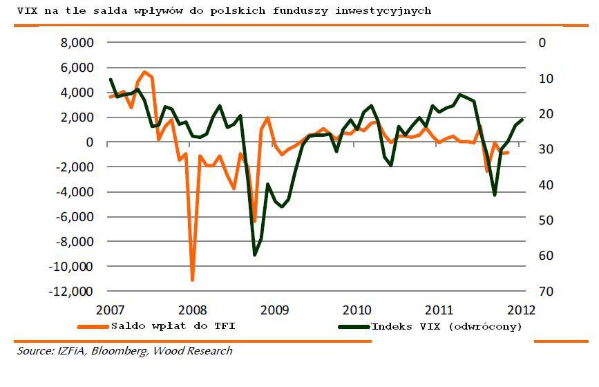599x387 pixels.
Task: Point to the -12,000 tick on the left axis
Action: pyautogui.click(x=71, y=292)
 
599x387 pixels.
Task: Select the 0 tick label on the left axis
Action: pyautogui.click(x=89, y=142)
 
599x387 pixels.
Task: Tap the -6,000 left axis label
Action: pyautogui.click(x=74, y=217)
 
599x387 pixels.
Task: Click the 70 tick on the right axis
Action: pyautogui.click(x=545, y=292)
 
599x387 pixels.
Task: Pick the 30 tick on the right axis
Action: pyautogui.click(x=545, y=149)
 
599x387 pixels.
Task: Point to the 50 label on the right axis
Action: pyautogui.click(x=545, y=220)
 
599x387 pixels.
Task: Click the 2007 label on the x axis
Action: pyautogui.click(x=111, y=309)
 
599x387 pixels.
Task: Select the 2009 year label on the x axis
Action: pyautogui.click(x=274, y=309)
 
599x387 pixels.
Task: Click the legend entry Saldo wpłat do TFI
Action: pyautogui.click(x=173, y=325)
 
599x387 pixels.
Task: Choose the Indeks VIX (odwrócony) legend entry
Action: pyautogui.click(x=446, y=325)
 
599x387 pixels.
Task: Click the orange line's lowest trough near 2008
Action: pyautogui.click(x=192, y=280)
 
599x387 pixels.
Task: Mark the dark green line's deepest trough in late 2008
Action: pyautogui.click(x=254, y=255)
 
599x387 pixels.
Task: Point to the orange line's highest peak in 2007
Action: pyautogui.click(x=144, y=72)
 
